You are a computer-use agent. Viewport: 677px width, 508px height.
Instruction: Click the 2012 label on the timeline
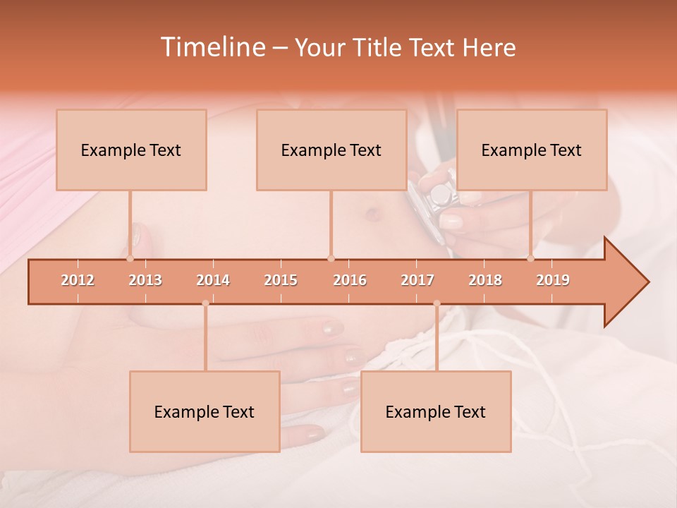point(78,280)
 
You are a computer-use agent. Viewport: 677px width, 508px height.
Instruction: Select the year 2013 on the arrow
point(145,280)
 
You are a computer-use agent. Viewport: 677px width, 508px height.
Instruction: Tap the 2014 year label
point(213,280)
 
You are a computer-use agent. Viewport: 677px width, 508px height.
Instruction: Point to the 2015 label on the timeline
point(281,280)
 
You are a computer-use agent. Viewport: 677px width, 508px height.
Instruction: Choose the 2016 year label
point(350,280)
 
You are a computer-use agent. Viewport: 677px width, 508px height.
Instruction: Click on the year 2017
point(417,280)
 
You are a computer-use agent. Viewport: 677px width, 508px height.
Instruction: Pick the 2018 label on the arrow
point(485,280)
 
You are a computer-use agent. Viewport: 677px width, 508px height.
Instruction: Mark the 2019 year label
point(553,280)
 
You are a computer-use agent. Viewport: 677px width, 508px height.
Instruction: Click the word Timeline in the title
point(212,47)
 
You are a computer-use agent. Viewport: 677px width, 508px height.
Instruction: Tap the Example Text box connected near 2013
point(131,150)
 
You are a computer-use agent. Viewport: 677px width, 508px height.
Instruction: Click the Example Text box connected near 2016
point(331,150)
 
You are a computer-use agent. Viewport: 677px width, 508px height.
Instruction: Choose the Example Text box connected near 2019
point(532,150)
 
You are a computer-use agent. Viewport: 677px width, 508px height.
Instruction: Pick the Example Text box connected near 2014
point(205,411)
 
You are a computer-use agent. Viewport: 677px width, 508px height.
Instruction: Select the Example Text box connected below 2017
point(436,411)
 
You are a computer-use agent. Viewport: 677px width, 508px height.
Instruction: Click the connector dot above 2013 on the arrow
point(130,258)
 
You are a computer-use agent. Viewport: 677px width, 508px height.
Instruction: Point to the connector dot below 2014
point(205,303)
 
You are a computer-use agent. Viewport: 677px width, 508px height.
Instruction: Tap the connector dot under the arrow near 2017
point(437,303)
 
